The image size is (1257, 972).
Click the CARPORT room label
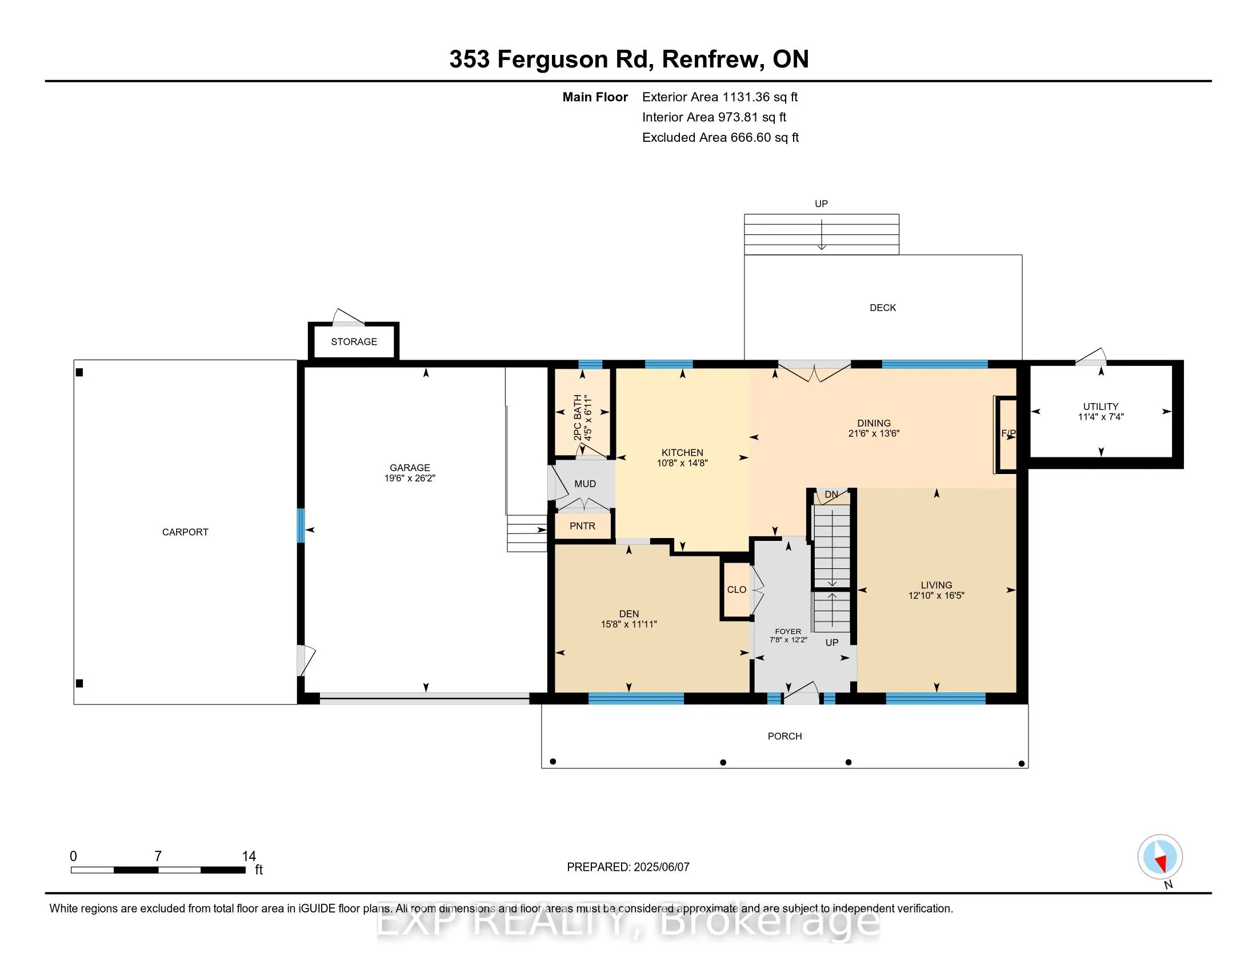pos(185,532)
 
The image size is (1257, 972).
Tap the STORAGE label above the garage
pos(354,341)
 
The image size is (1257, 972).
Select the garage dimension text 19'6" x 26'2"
pos(410,478)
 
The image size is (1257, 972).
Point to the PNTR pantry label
pos(582,525)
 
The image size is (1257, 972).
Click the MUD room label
pos(585,484)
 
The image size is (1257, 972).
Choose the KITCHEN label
pos(682,453)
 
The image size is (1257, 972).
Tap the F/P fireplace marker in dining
pos(1008,433)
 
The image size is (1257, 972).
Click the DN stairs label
pos(831,495)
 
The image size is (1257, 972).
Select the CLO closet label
pos(736,589)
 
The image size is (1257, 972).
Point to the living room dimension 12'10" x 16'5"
pos(936,595)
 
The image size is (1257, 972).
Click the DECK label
pos(883,308)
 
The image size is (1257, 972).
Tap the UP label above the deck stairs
pos(821,204)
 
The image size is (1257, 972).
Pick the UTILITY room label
pos(1101,407)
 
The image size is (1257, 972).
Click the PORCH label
pos(784,736)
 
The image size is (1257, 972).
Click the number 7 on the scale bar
pos(158,857)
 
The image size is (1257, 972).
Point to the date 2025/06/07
pos(661,867)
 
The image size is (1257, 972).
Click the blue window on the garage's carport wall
pos(301,525)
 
